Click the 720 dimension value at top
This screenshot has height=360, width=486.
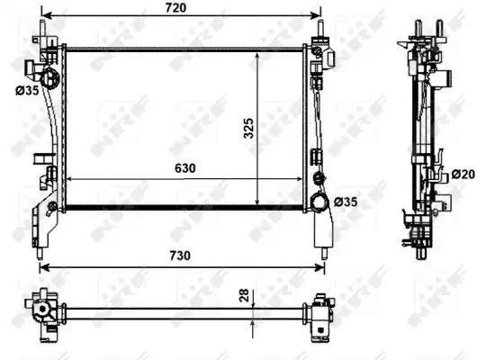pos(175,7)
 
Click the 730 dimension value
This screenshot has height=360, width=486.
pos(180,256)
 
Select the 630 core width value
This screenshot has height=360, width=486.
pos(185,168)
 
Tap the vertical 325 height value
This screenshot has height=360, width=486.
pos(248,128)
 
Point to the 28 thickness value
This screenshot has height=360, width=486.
pos(244,295)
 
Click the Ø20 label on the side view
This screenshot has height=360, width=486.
pos(463,175)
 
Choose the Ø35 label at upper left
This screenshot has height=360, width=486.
pos(27,91)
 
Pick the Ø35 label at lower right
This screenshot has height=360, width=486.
pos(346,202)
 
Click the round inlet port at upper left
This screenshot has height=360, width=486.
pos(49,77)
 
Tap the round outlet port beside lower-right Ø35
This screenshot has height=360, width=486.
pos(320,202)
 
